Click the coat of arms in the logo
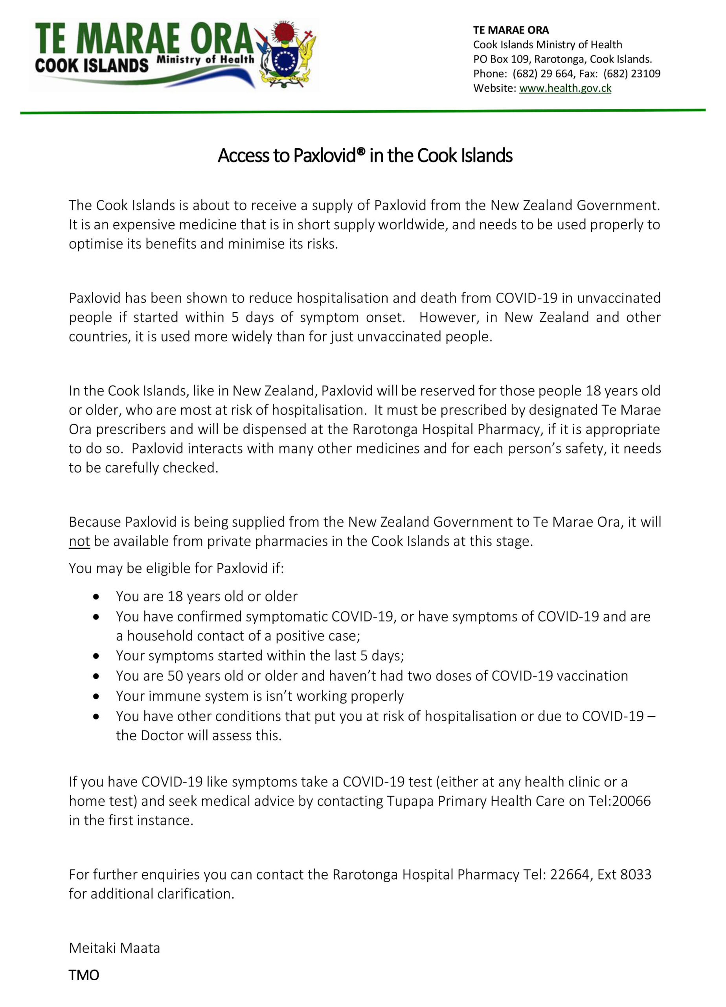tap(285, 55)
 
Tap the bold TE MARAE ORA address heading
tap(511, 30)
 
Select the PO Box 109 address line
tap(562, 59)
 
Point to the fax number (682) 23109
tap(632, 74)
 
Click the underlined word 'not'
tap(79, 541)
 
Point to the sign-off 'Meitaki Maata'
tap(114, 948)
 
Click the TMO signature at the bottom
tap(84, 975)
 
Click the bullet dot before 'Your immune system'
tap(96, 697)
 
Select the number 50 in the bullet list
tap(175, 676)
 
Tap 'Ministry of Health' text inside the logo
tap(205, 59)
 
